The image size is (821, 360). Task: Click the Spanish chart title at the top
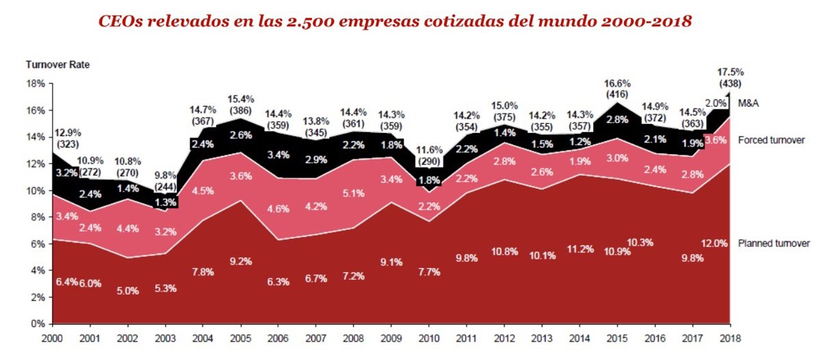(395, 21)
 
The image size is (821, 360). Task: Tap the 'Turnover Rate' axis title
(57, 65)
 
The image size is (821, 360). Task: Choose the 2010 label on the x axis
(429, 338)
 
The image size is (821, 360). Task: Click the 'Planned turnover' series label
(774, 244)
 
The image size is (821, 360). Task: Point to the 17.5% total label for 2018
(731, 71)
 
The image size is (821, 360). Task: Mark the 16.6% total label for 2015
(618, 84)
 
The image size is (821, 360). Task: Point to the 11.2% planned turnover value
(581, 248)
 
